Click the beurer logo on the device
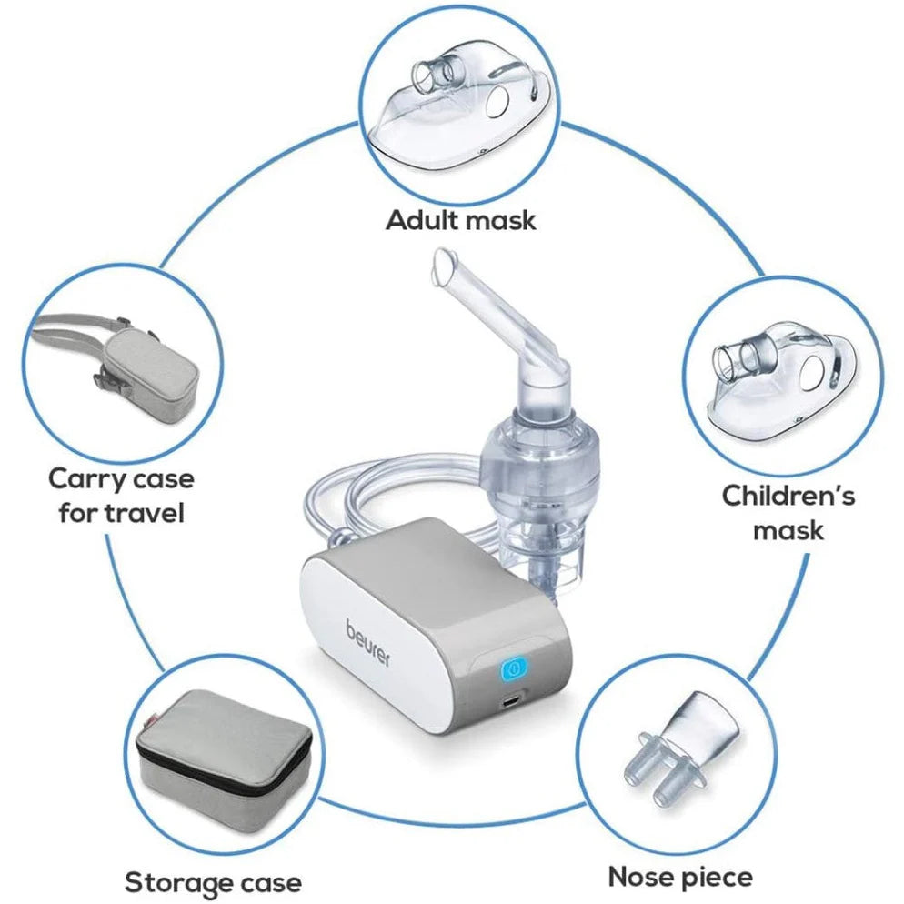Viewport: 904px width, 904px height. [x=367, y=642]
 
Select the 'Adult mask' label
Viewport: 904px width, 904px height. [x=461, y=219]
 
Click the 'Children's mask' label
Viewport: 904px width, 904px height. [x=788, y=512]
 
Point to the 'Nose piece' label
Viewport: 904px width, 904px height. [x=680, y=876]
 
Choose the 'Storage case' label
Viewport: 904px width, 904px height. [x=212, y=881]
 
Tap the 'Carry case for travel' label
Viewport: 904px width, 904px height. [x=121, y=495]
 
